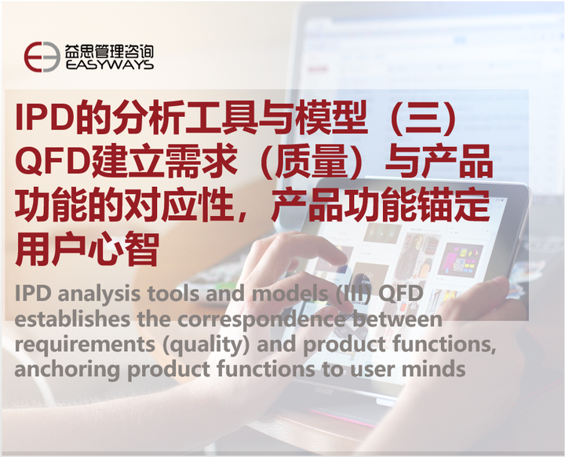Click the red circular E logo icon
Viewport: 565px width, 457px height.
(x=42, y=57)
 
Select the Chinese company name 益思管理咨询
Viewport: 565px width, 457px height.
(x=109, y=50)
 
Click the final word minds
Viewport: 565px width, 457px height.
(x=438, y=369)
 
